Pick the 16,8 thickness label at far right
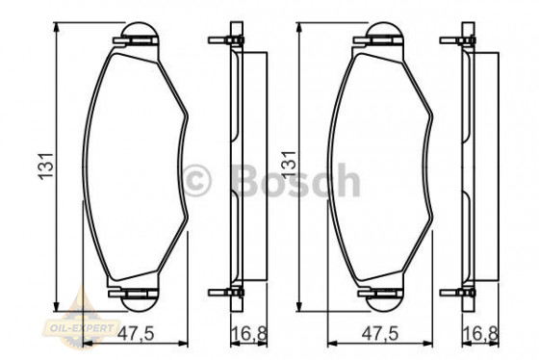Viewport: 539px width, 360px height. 481,334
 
